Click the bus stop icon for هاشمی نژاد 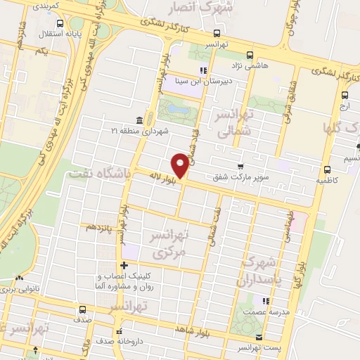(x=250, y=56)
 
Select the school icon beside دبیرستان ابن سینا (x=204, y=70)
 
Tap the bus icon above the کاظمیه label (x=327, y=169)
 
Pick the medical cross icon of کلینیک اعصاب (x=124, y=265)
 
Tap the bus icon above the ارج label (x=344, y=96)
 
